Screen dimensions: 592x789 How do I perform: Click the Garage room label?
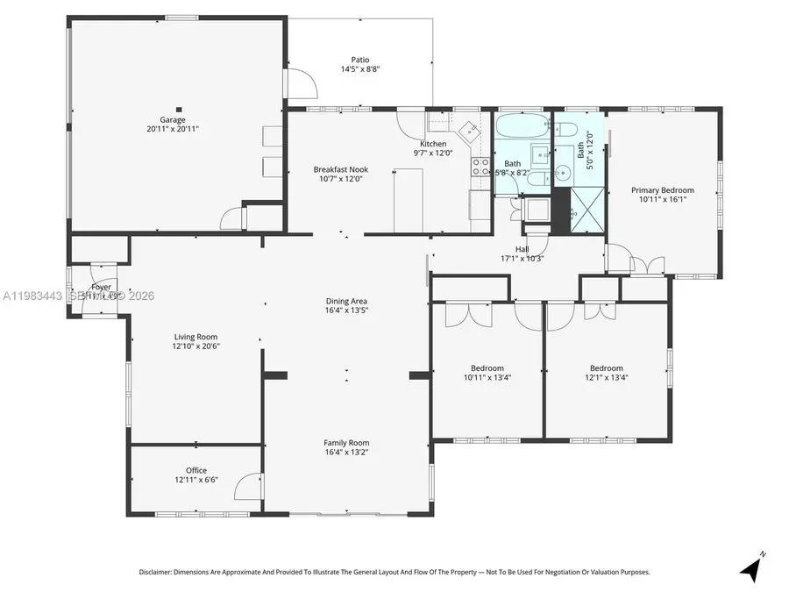172,119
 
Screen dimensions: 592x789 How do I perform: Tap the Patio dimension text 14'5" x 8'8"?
359,69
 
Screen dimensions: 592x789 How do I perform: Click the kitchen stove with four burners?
480,166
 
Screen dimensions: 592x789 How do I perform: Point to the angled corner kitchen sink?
471,131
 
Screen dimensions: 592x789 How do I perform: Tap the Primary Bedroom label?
663,189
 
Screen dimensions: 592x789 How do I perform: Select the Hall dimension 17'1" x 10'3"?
522,259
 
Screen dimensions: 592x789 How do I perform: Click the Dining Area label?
346,301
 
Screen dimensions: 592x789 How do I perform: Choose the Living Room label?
195,337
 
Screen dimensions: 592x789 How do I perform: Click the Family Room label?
346,443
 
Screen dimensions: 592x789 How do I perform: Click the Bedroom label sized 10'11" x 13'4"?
487,367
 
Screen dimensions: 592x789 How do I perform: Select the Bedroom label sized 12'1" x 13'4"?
606,367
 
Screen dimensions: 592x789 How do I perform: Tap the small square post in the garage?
179,110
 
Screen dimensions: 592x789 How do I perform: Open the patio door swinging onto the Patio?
303,83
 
